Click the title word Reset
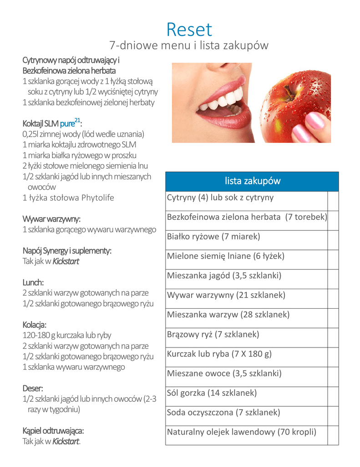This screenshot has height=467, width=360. click(189, 30)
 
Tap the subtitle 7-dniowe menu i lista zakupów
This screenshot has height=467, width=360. click(189, 46)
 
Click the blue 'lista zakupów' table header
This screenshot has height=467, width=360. click(252, 181)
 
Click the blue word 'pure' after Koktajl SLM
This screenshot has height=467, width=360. click(67, 124)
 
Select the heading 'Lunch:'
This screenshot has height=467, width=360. click(33, 282)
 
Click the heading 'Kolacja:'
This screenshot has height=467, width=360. click(35, 325)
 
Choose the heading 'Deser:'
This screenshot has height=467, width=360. click(33, 389)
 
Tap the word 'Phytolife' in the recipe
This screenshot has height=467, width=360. click(97, 197)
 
